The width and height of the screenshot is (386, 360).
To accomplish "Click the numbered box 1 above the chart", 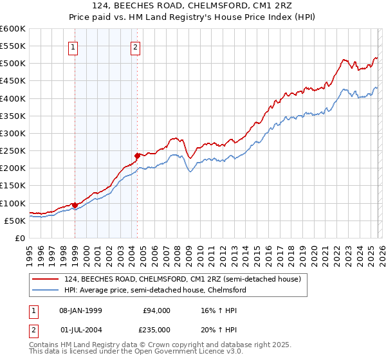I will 73,47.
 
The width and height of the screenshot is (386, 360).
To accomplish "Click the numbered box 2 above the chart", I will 136,47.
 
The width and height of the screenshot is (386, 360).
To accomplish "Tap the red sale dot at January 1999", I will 75,205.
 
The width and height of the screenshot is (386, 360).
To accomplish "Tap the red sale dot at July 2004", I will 137,156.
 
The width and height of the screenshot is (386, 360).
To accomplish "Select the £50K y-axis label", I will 15,221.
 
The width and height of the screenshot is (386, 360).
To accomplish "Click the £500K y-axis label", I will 13,63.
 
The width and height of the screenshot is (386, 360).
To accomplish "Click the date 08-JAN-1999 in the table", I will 85,310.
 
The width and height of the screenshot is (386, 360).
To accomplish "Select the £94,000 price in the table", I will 156,310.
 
